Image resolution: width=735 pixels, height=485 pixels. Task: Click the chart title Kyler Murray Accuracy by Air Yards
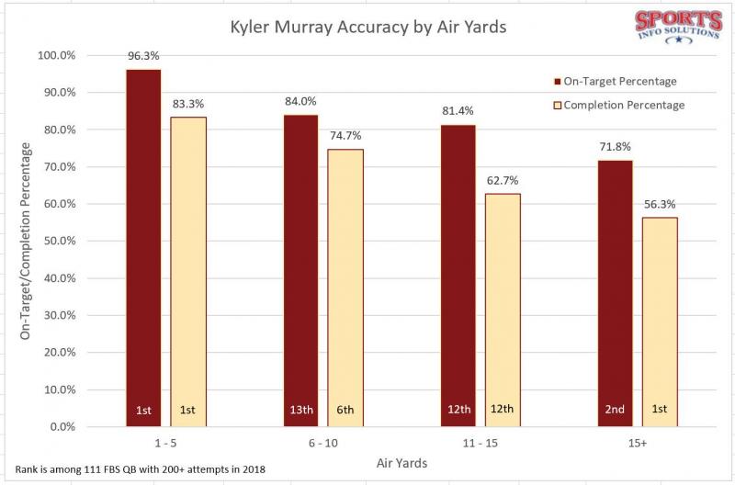pyautogui.click(x=367, y=27)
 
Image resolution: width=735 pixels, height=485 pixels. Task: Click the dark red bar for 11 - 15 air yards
pyautogui.click(x=458, y=276)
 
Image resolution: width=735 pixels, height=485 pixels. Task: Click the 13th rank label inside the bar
pyautogui.click(x=300, y=409)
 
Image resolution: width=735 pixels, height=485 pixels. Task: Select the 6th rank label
pyautogui.click(x=345, y=409)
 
